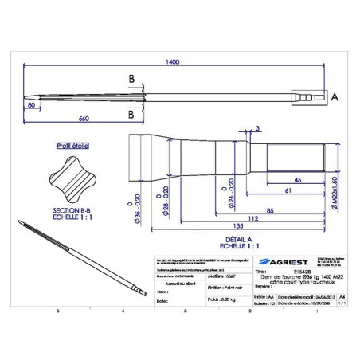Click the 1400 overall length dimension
(172, 65)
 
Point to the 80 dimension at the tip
(31, 104)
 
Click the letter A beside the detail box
(335, 96)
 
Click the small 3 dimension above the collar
(258, 128)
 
